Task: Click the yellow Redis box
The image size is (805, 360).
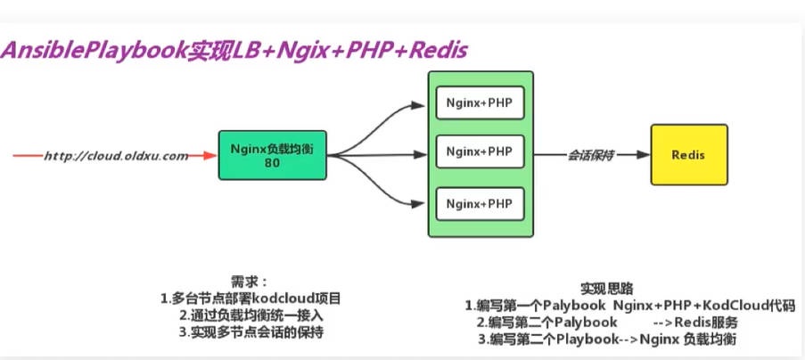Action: tap(690, 155)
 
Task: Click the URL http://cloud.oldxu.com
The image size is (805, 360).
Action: tap(116, 156)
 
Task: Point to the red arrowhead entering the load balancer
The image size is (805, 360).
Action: tap(210, 156)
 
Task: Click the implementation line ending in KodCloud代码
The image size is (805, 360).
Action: tap(629, 305)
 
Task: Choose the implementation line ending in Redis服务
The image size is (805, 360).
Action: tap(611, 322)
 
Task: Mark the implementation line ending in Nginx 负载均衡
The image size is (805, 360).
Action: tap(606, 340)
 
